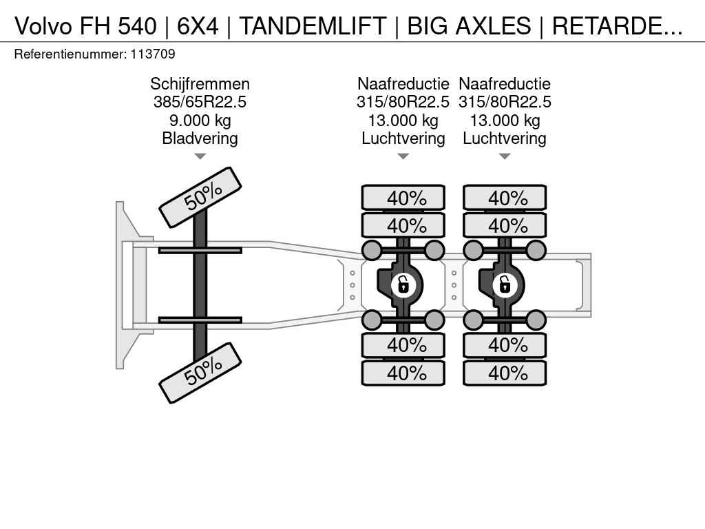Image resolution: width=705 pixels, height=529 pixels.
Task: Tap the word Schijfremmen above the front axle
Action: click(x=200, y=84)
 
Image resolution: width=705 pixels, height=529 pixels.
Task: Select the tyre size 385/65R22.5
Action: click(x=200, y=102)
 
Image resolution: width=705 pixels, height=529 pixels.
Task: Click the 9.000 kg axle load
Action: click(x=200, y=121)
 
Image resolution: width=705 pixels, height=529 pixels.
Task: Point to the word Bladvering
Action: click(x=200, y=138)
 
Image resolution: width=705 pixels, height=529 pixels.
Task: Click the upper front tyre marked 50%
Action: click(x=200, y=197)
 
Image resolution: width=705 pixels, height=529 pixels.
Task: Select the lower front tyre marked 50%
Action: click(x=200, y=373)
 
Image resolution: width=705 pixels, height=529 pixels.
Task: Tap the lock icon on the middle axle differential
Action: click(x=403, y=283)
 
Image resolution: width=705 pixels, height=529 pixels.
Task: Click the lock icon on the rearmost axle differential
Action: click(x=505, y=283)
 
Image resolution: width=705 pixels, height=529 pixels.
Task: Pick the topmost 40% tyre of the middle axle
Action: click(x=403, y=198)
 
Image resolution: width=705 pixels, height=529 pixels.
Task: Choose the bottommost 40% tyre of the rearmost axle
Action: click(x=505, y=373)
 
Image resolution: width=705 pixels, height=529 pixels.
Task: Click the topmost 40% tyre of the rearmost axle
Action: click(x=505, y=198)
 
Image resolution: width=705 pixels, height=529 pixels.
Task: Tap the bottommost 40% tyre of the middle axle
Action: click(x=403, y=373)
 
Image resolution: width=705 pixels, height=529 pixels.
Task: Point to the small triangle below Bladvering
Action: click(x=200, y=156)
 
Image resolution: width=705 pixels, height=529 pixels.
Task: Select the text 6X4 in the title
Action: click(x=198, y=26)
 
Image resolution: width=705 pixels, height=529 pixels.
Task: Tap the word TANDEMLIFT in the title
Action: click(x=313, y=26)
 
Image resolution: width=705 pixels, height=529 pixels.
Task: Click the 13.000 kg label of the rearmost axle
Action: click(x=505, y=121)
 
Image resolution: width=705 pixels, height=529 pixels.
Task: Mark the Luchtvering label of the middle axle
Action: click(x=403, y=138)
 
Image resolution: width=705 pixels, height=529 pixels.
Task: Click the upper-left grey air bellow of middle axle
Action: click(x=372, y=250)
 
